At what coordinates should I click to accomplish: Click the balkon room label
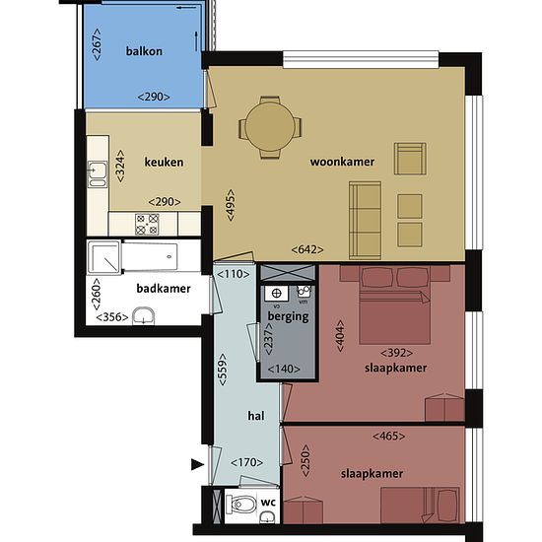coord(144,51)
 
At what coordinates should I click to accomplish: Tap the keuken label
coord(164,163)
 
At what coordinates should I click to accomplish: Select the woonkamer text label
coord(342,162)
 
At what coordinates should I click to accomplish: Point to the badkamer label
coord(164,289)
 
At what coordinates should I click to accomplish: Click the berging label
coord(289,316)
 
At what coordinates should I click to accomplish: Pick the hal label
coord(256,416)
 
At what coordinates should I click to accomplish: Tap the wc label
coord(268,502)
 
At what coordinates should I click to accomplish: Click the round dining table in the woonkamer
coord(270,127)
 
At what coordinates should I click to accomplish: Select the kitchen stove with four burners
coord(147,225)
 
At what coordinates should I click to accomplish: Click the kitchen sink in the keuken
coord(98,173)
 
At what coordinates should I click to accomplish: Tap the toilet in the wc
coord(240,505)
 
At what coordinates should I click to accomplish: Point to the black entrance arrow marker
coord(198,464)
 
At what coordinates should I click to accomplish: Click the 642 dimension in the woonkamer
coord(307,249)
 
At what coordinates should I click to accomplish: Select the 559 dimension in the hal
coord(223,370)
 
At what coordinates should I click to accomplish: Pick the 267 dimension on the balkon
coord(98,44)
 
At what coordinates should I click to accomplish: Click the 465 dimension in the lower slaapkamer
coord(389,437)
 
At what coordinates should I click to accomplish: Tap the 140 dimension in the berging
coord(284,370)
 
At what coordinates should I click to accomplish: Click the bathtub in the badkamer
coord(150,256)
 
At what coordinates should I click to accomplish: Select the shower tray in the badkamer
coord(104,257)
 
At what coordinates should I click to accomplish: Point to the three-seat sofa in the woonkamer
coord(365,220)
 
